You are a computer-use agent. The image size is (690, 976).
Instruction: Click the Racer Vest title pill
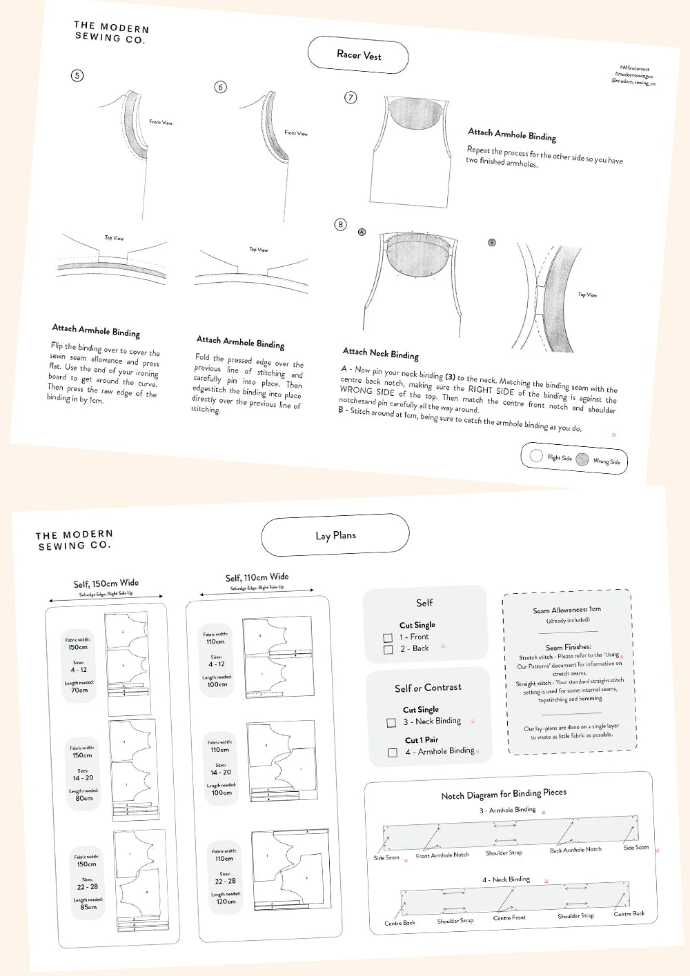pyautogui.click(x=358, y=55)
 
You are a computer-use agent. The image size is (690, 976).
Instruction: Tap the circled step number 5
pyautogui.click(x=77, y=75)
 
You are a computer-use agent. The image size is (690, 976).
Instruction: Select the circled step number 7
pyautogui.click(x=351, y=97)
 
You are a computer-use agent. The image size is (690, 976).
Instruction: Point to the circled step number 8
pyautogui.click(x=340, y=224)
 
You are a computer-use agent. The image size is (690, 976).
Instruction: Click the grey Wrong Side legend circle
pyautogui.click(x=582, y=459)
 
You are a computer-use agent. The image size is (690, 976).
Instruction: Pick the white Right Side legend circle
pyautogui.click(x=536, y=455)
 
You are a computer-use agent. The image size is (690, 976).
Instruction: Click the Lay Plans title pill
pyautogui.click(x=335, y=535)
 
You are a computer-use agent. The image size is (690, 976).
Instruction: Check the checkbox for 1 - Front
pyautogui.click(x=388, y=638)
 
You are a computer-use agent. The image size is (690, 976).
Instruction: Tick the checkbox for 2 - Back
pyautogui.click(x=388, y=650)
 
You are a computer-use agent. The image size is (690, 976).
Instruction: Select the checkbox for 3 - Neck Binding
pyautogui.click(x=391, y=722)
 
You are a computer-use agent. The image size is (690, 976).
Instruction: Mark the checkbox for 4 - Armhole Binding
pyautogui.click(x=393, y=753)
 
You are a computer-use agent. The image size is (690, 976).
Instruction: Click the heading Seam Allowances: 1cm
pyautogui.click(x=566, y=610)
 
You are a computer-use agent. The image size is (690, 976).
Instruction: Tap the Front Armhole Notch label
pyautogui.click(x=442, y=855)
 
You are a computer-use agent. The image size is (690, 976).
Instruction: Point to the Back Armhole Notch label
pyautogui.click(x=575, y=850)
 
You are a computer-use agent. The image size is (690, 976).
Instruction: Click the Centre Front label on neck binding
pyautogui.click(x=509, y=917)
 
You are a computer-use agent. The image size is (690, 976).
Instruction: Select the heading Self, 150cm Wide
pyautogui.click(x=106, y=584)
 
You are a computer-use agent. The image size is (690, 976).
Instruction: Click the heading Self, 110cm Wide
pyautogui.click(x=257, y=577)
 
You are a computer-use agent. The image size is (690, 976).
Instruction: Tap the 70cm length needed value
pyautogui.click(x=79, y=690)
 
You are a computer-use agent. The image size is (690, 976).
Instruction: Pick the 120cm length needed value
pyautogui.click(x=226, y=902)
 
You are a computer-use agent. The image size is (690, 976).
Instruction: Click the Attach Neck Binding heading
pyautogui.click(x=380, y=353)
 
